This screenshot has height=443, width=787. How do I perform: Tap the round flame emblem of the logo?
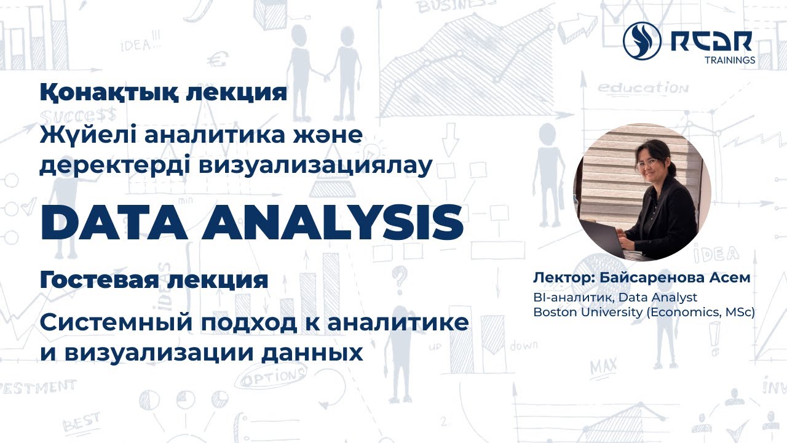[642, 40]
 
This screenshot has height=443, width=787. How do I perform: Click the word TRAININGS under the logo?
[729, 60]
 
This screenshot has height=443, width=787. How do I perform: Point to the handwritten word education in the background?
[643, 87]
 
